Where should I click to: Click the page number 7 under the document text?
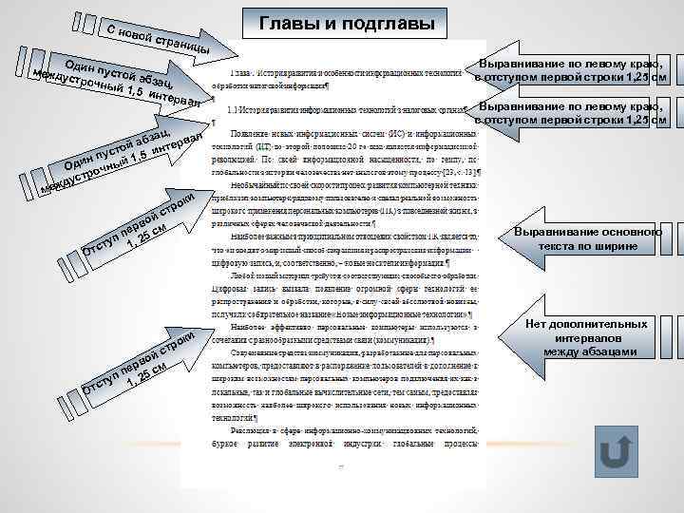click(x=340, y=466)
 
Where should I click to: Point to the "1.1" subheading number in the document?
click(x=229, y=110)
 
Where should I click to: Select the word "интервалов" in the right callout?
click(x=586, y=338)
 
